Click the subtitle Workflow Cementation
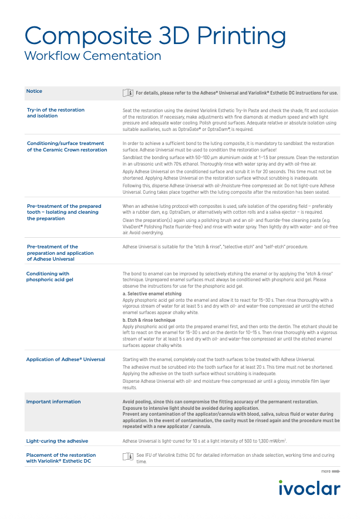93,56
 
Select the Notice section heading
34,91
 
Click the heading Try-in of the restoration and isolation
56,113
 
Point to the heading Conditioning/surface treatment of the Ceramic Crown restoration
67,146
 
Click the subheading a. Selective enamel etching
152,292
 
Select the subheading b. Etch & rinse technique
149,321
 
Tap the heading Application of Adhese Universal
66,359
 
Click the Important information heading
53,402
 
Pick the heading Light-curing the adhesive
57,440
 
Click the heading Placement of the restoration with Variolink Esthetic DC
62,458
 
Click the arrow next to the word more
337,471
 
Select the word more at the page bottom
325,471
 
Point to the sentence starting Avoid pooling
220,402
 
